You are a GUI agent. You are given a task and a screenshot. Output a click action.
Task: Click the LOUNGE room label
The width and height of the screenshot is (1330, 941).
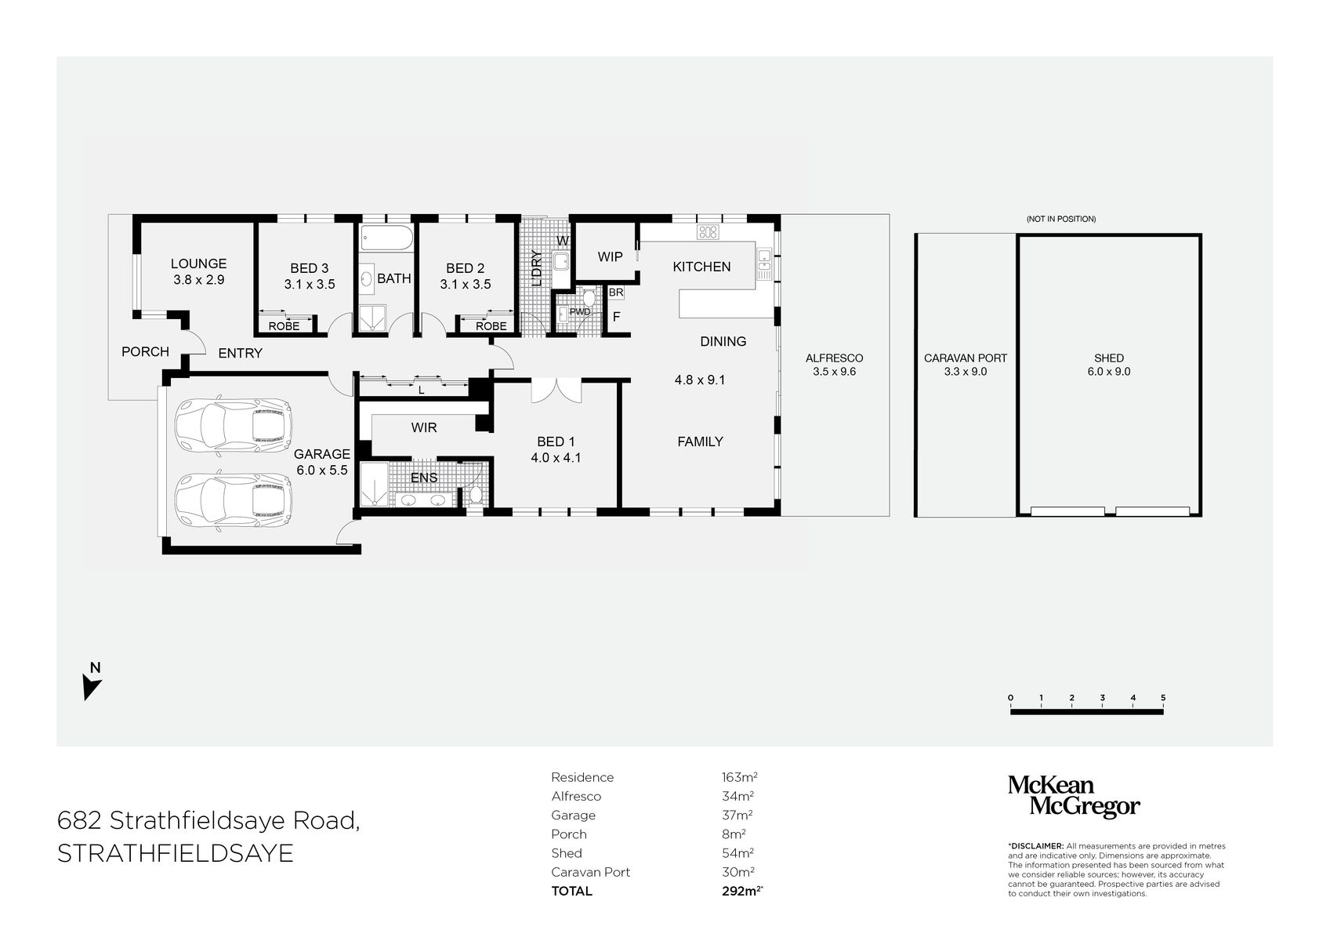click(x=198, y=263)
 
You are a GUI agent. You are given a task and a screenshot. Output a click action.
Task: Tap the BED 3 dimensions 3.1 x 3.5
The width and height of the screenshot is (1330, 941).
click(x=309, y=285)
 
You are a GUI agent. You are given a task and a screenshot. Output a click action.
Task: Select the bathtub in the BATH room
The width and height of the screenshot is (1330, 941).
click(x=386, y=238)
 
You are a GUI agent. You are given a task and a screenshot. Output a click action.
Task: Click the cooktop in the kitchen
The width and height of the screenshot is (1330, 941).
click(x=708, y=231)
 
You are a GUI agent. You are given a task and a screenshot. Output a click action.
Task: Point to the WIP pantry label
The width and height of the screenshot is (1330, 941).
click(x=610, y=256)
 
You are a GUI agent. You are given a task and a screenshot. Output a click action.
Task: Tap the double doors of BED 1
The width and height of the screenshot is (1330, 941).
click(x=556, y=391)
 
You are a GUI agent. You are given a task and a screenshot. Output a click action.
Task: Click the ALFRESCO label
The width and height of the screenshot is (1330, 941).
click(x=834, y=358)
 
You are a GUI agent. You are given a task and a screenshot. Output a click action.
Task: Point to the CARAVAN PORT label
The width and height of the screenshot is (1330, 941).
click(x=965, y=358)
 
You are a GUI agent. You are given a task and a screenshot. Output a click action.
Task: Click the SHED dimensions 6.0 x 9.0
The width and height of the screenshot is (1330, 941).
click(x=1108, y=372)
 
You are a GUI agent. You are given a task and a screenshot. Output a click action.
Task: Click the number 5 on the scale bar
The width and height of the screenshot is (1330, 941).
click(x=1163, y=697)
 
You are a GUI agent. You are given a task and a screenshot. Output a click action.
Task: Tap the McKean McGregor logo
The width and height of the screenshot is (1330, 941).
click(x=1073, y=797)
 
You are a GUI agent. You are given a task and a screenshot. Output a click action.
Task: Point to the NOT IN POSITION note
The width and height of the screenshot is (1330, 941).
click(x=1060, y=219)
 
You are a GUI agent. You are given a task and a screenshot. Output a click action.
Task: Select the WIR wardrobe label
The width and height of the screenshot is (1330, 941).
click(x=424, y=427)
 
